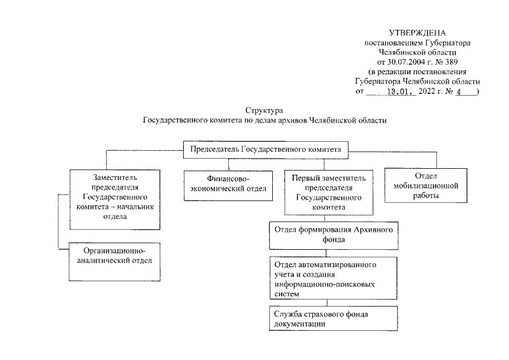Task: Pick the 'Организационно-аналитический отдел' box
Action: tap(114, 261)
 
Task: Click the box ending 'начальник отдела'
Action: tap(114, 197)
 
